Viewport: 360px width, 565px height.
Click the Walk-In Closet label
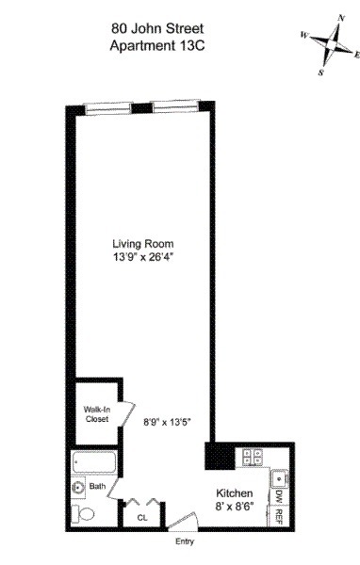96,413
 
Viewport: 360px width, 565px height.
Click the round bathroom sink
78,487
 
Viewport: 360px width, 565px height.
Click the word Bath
97,487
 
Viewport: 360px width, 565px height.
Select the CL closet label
142,517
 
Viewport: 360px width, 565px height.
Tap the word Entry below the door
184,541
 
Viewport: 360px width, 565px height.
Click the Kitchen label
234,493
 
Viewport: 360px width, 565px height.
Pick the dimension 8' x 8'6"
234,508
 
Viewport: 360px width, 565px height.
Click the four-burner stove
254,457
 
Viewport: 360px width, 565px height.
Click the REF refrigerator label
280,515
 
